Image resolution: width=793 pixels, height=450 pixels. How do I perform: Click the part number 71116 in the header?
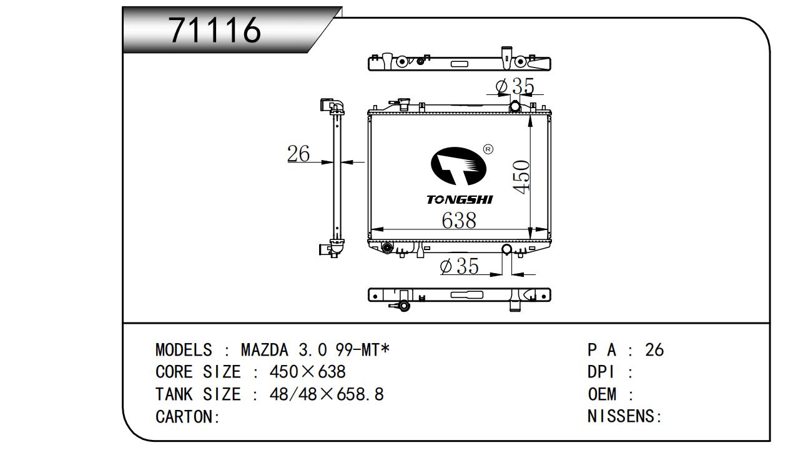[215, 31]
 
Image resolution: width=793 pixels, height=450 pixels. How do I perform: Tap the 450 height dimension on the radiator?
[521, 177]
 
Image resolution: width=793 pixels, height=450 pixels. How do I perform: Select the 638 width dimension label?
[459, 221]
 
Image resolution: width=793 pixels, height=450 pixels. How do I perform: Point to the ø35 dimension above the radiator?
[515, 86]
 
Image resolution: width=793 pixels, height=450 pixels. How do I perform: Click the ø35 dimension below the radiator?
[459, 266]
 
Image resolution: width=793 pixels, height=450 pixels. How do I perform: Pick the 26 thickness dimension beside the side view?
[298, 154]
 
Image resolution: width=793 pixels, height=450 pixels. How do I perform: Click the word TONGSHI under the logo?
[460, 200]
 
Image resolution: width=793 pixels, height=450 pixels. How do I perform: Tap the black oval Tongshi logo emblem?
[458, 166]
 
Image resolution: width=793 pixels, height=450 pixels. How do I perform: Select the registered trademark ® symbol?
[488, 149]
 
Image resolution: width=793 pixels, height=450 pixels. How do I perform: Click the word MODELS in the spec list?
[184, 350]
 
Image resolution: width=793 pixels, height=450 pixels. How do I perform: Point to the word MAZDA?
[265, 350]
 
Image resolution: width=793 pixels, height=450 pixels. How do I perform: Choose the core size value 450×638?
[307, 372]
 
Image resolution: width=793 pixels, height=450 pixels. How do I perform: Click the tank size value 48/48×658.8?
[327, 394]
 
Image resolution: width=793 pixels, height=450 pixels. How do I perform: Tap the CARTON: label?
[187, 417]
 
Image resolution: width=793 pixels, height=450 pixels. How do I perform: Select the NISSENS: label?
[624, 416]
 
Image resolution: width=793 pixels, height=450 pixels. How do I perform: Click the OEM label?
[602, 394]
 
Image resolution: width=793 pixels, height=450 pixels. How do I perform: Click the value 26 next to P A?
[654, 350]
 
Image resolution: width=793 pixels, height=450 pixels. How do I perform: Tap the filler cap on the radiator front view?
[403, 104]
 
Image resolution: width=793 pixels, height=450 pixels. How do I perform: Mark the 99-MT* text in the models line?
[363, 350]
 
